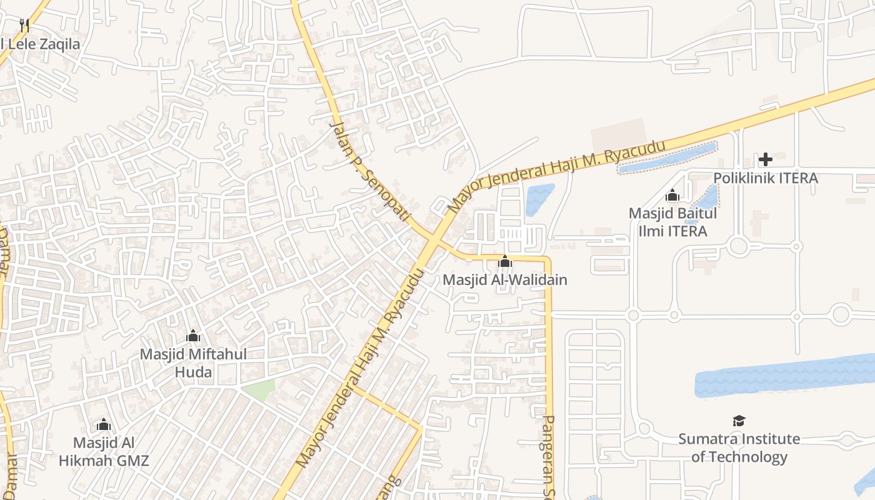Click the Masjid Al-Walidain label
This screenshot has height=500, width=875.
click(505, 279)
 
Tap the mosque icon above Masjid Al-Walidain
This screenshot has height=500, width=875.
click(505, 261)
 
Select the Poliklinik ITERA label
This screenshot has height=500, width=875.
click(765, 178)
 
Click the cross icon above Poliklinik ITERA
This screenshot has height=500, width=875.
click(765, 159)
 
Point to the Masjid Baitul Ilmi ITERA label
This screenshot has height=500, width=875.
click(672, 222)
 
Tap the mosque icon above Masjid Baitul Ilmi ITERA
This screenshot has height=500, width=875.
click(672, 196)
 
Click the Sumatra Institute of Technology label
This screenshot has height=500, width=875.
click(739, 447)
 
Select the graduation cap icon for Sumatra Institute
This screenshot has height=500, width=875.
click(739, 421)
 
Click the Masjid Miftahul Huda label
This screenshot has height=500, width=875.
click(193, 363)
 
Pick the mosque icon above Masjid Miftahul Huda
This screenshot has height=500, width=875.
click(193, 336)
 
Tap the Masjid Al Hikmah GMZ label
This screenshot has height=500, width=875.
click(104, 452)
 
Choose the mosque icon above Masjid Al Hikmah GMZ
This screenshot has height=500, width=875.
click(104, 425)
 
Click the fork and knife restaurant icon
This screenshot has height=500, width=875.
click(24, 26)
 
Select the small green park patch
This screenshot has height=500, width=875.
click(260, 389)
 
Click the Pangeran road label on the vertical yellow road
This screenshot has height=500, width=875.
click(549, 456)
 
